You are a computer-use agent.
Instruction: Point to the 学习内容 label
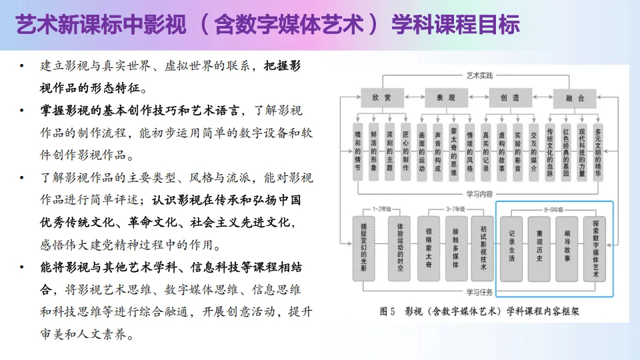479,195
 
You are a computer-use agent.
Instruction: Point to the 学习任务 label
479,291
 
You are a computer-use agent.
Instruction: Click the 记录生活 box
511,248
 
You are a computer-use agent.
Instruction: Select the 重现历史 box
539,248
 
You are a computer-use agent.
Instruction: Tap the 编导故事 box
567,248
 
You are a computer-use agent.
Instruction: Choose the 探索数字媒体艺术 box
595,248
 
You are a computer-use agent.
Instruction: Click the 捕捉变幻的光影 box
363,247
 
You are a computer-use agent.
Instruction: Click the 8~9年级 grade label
553,209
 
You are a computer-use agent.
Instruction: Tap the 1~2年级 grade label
382,209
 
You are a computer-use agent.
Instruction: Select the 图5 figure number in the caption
388,310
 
